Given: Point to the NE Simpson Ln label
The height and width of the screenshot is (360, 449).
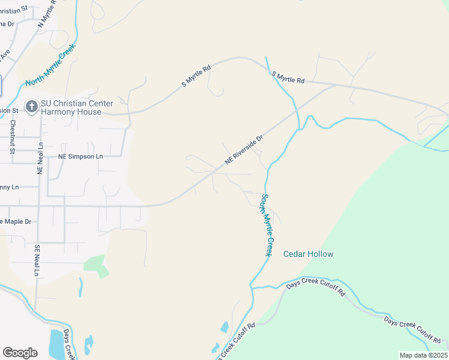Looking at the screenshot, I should coord(80,157).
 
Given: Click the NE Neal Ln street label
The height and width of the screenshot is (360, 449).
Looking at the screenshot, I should coord(41,158).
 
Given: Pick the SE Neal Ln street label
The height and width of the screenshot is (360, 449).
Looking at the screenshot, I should coord(37,260).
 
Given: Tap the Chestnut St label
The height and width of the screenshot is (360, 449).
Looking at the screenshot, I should coord(13,137).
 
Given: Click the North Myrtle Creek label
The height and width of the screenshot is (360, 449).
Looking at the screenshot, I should coord(50,65).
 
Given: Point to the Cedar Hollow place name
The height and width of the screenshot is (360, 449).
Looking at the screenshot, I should coord(308,254).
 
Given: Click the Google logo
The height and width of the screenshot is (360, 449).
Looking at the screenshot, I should coord(20,352).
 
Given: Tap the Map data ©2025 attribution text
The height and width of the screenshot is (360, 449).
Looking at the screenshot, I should coord(423,355).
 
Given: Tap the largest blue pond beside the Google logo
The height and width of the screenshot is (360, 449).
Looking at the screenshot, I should coord(56,343).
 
